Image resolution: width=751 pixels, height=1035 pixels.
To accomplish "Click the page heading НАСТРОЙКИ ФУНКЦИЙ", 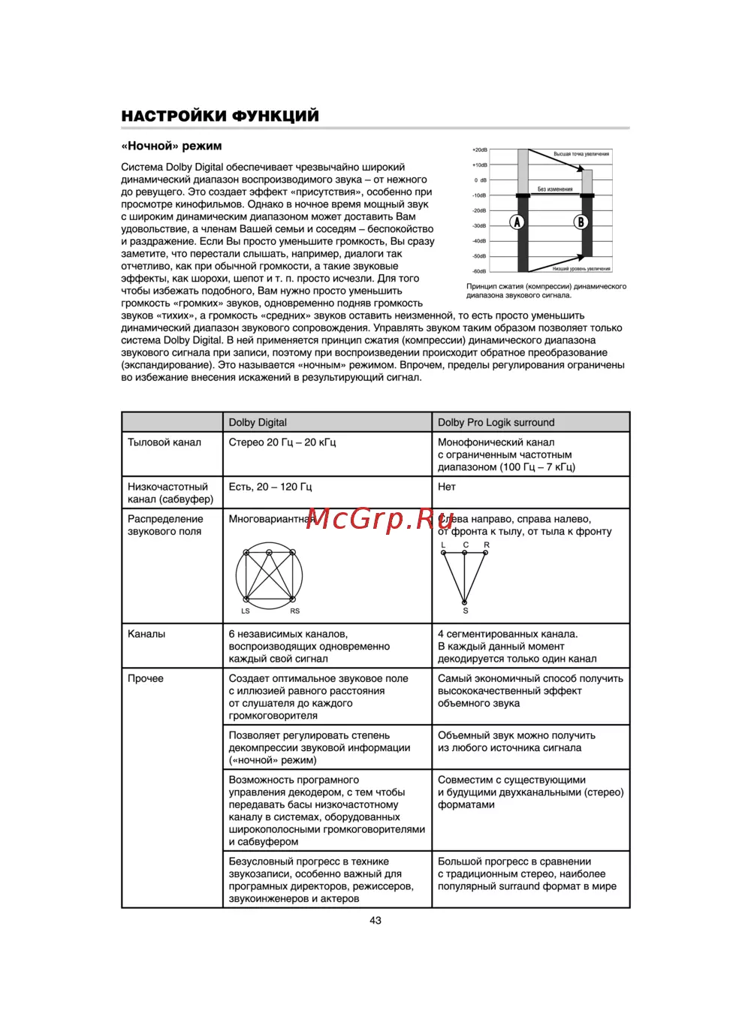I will coord(220,116).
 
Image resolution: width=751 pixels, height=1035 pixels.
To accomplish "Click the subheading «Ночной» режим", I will coord(172,146).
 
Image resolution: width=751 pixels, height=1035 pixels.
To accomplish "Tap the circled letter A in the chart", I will coord(517,222).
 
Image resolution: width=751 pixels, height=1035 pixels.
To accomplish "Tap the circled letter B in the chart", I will coord(581,222).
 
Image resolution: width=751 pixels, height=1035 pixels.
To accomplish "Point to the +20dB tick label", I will coord(479,150).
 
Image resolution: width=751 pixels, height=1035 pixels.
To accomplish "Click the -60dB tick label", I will coord(479,271).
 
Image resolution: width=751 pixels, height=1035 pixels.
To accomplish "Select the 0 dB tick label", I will coord(481,180).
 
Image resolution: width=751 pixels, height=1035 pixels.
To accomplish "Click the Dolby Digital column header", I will coord(258,422).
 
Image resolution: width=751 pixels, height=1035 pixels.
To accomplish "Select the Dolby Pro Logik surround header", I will coord(496,422).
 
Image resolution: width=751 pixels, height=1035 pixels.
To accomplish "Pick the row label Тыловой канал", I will coord(164,442).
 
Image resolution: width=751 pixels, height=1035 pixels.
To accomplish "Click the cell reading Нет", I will coord(447,487).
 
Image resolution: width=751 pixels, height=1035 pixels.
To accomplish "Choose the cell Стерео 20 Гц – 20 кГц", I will coord(282,442).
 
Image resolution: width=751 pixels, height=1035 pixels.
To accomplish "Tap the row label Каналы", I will coord(146,634).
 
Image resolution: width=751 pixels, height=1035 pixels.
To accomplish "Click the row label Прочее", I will coord(146,678).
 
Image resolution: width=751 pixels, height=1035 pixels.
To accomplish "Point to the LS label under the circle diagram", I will coord(246,611).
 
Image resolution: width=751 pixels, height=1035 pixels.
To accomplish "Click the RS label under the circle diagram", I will coord(294,611).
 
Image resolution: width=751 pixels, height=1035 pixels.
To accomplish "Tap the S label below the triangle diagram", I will coord(466,611).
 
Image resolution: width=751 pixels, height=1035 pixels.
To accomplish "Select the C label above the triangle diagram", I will coord(466,545).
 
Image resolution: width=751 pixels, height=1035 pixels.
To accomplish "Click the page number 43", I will coord(375,920).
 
